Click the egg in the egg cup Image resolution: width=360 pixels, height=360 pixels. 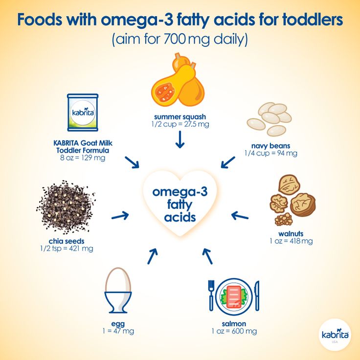tap(118, 280)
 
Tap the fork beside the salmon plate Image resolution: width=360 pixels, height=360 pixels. tap(211, 295)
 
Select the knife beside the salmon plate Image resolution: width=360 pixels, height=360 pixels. tap(257, 295)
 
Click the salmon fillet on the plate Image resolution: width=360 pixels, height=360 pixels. tap(234, 296)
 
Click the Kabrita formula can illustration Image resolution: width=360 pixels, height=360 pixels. tap(83, 112)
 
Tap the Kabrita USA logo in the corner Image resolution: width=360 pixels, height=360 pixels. tap(335, 334)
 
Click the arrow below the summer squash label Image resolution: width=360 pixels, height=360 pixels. tap(180, 139)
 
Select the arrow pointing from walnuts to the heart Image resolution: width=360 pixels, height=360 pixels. tap(240, 216)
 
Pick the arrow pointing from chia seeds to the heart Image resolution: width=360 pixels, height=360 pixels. tap(120, 216)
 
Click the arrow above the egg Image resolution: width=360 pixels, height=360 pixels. tap(153, 256)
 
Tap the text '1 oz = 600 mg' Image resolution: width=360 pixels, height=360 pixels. tap(234, 331)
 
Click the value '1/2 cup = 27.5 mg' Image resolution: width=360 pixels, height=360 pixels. tap(180, 124)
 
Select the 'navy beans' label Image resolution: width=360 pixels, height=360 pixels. tap(270, 146)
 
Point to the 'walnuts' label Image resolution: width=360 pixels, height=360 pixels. tap(291, 234)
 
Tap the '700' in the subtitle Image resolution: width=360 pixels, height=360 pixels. tap(175, 39)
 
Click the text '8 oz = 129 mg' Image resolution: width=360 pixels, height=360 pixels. tap(83, 157)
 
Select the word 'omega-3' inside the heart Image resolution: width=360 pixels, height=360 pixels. tap(180, 192)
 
